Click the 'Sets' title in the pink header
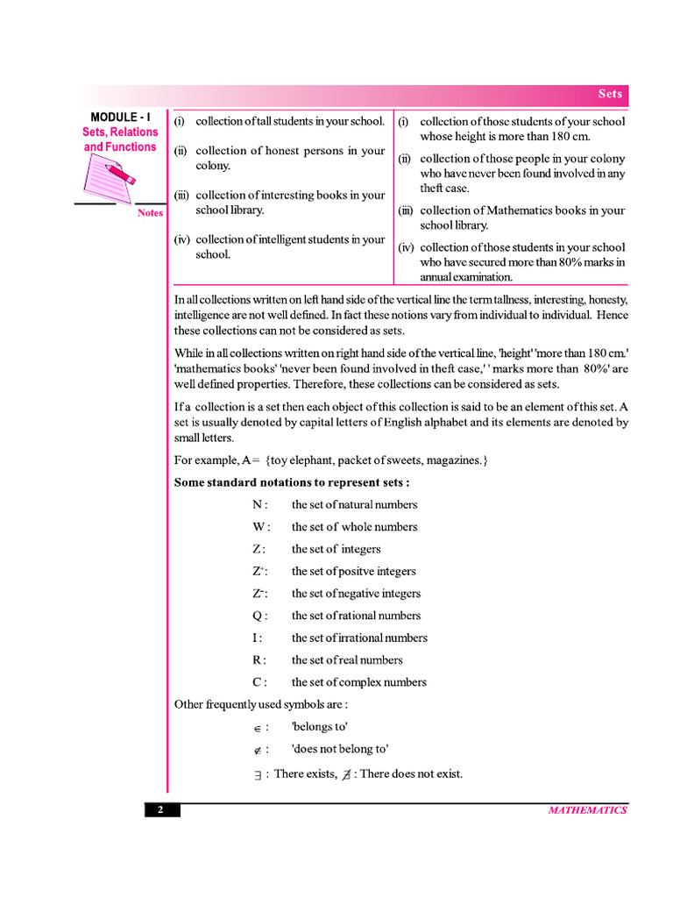pos(610,94)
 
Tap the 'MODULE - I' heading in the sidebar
pos(121,117)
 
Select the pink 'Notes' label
pos(150,213)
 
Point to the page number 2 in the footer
pos(161,810)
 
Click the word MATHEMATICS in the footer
pos(587,810)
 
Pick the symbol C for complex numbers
pos(257,682)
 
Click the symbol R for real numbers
pos(257,660)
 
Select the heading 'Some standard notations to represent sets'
pos(292,482)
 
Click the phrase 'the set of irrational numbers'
pos(359,638)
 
